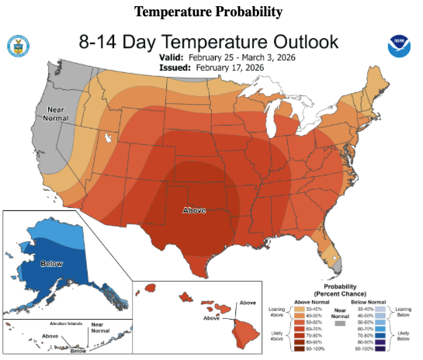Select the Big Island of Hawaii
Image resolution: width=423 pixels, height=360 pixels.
[244, 331]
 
